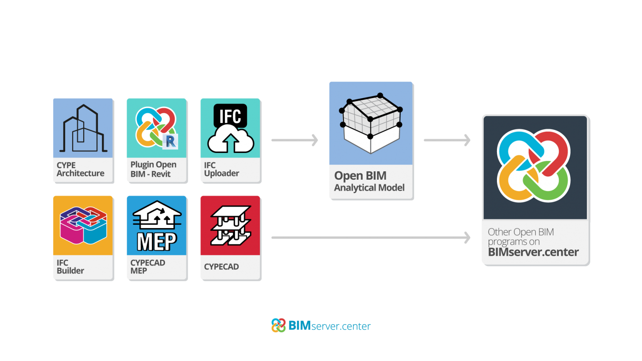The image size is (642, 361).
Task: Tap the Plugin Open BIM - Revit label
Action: (x=153, y=169)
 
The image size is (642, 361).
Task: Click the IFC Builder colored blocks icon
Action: (x=83, y=225)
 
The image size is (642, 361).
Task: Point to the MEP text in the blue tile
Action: (x=157, y=242)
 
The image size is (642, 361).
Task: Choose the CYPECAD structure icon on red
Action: (x=230, y=225)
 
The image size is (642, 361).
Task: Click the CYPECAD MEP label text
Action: (x=148, y=267)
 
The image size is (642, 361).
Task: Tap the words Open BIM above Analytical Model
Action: (x=360, y=176)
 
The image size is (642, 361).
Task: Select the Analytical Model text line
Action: (x=369, y=188)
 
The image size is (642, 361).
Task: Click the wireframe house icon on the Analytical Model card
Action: (x=371, y=123)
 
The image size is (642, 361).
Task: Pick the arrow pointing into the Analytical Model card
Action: (x=295, y=140)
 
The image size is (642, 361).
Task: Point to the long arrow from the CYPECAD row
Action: (x=371, y=238)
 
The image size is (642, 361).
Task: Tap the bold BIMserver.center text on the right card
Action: (x=533, y=252)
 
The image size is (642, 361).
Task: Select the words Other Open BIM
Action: (x=521, y=232)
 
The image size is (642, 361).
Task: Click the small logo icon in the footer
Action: (x=278, y=325)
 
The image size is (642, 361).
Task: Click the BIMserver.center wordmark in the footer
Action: (x=329, y=326)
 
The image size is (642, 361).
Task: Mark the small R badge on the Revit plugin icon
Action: (x=171, y=141)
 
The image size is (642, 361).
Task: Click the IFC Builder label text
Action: (x=70, y=267)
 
